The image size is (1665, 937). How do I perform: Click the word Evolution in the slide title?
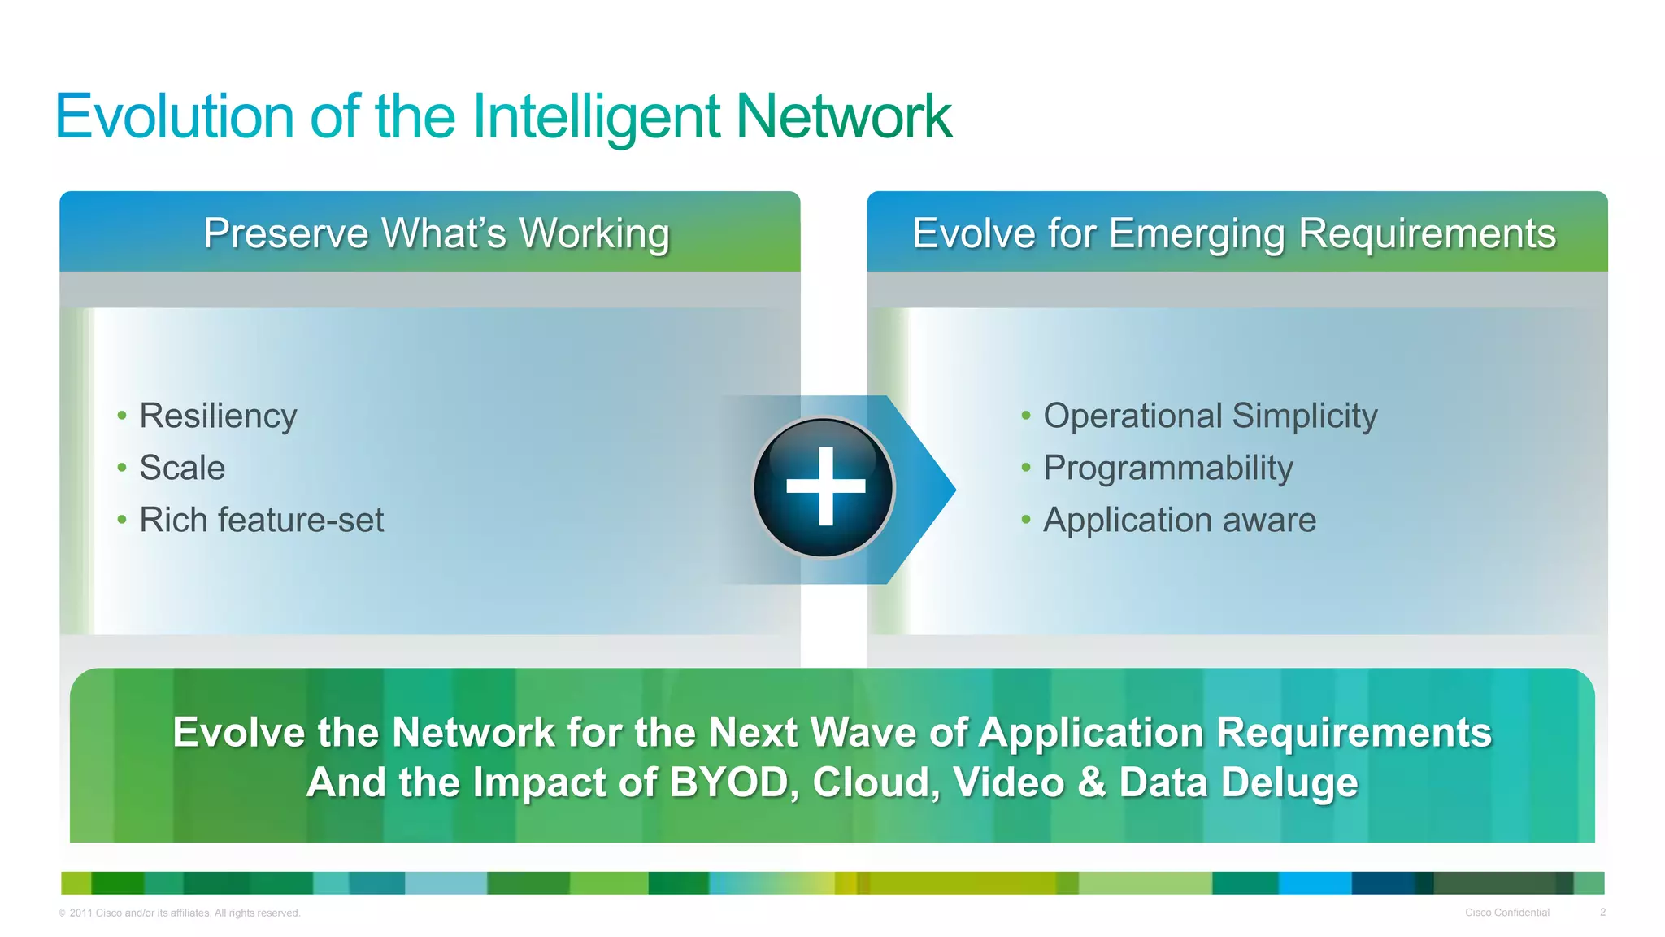174,116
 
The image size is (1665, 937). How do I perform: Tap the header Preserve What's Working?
437,233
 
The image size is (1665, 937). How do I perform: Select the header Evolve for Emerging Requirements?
1234,233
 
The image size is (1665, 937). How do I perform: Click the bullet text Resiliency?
218,416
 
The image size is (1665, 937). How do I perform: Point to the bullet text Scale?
182,468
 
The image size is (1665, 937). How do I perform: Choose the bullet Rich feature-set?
261,520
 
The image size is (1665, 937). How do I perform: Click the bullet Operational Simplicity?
1210,416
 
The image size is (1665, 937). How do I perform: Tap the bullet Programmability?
1167,468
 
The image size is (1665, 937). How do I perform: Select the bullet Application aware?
1179,520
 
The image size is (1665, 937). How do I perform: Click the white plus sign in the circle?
825,486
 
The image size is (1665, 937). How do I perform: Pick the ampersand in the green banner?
1091,782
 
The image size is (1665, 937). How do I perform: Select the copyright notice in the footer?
180,913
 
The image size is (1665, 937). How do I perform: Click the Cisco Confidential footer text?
1506,913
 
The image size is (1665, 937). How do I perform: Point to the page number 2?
1602,913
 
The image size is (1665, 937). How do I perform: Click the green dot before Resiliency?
122,416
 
